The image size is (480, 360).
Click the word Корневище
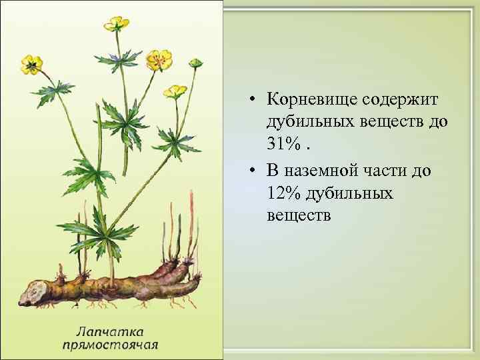310,99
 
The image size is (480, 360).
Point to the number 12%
285,193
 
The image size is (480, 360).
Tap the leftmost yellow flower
31,63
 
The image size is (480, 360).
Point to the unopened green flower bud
195,63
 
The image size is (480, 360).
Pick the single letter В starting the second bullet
271,170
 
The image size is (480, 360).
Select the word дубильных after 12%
349,193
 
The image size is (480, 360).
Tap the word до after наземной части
423,170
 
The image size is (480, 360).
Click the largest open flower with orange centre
159,59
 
